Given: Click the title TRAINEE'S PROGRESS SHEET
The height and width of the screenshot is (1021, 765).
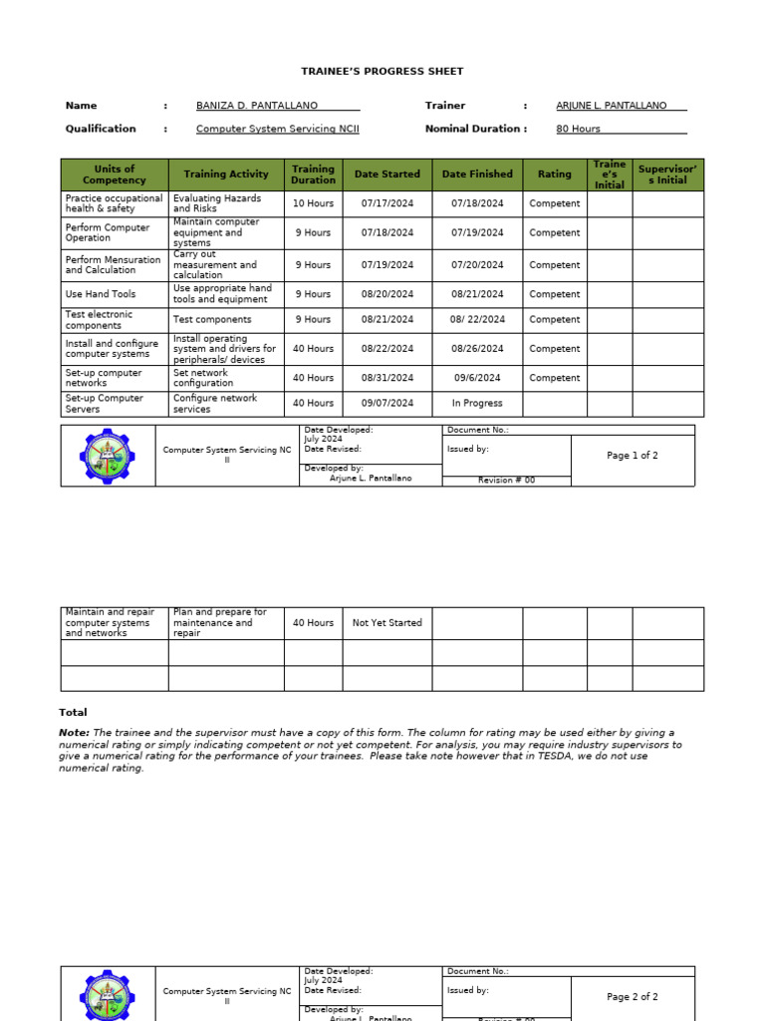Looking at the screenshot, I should [x=382, y=72].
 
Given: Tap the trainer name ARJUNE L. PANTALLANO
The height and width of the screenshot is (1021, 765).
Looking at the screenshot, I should [x=611, y=106].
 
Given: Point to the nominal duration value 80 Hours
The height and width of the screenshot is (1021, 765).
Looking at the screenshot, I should [x=578, y=129].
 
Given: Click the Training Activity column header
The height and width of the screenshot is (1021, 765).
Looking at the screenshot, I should [x=226, y=174].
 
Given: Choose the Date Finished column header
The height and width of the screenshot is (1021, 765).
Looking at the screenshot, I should [x=477, y=174].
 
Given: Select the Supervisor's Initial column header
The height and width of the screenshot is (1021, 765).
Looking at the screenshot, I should [x=667, y=174].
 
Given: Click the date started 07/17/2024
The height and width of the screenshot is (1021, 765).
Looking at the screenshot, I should [x=387, y=203].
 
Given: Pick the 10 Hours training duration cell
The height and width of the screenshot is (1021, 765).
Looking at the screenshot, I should [x=313, y=203].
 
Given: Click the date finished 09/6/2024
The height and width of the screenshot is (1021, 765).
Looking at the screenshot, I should [x=477, y=378].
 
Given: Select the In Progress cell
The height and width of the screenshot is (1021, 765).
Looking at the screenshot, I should [x=477, y=404].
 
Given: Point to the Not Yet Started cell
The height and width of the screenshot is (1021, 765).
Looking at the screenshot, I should [x=387, y=623].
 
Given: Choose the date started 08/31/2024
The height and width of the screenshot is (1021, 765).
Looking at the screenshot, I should [x=387, y=378].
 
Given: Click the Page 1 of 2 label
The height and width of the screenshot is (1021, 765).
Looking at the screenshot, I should [x=633, y=456].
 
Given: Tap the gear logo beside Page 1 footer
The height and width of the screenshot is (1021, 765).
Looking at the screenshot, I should [x=107, y=457].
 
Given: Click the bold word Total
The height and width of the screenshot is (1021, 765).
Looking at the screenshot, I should [x=73, y=713].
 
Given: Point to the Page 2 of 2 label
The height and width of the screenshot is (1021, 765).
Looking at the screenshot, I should [x=633, y=997].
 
